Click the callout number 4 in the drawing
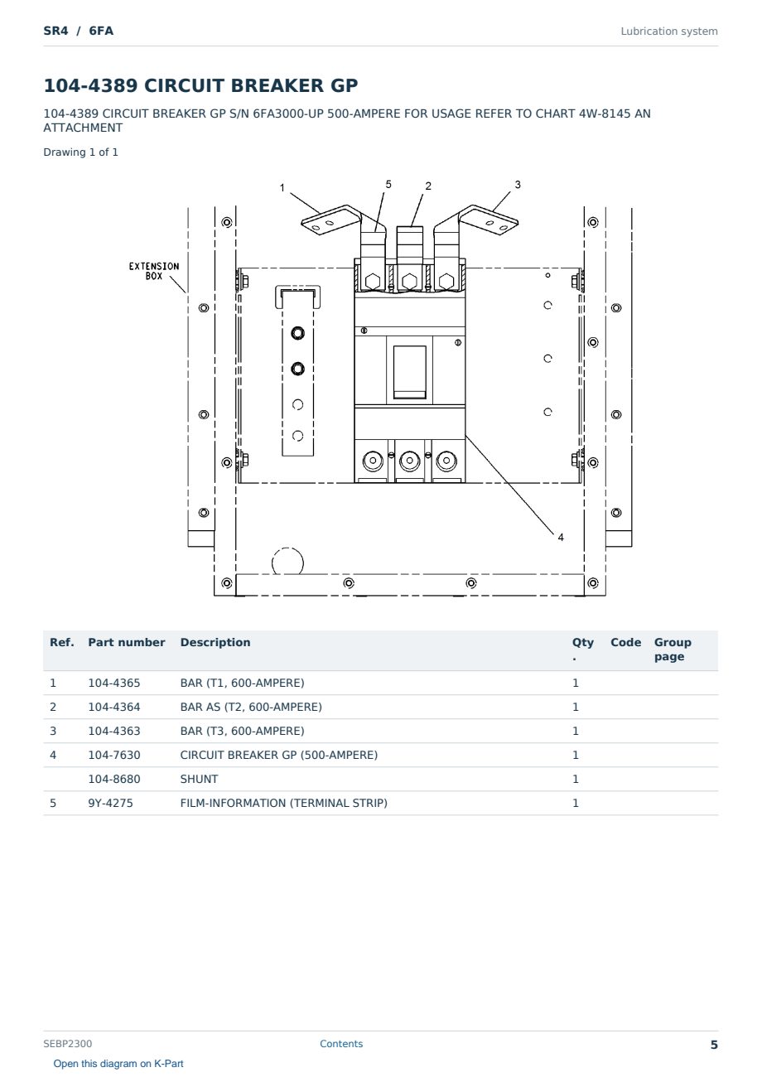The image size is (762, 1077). coord(561,537)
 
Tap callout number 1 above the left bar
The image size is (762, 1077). coord(282,187)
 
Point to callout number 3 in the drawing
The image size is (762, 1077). coord(518,184)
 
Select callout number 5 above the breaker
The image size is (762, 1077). coord(388,184)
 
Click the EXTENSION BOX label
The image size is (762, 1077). coord(154,271)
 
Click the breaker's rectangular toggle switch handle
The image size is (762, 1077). coord(410,372)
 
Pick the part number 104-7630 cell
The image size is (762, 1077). coord(114,755)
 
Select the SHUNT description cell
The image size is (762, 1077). coord(199,779)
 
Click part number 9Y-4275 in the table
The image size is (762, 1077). coord(110,803)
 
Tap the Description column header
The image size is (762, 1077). coord(215,642)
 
